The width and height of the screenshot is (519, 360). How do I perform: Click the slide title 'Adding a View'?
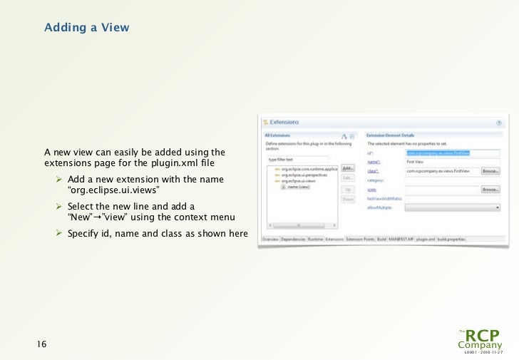[86, 28]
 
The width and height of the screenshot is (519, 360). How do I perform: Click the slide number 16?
[41, 345]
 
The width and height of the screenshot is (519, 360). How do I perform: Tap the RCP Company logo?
[482, 340]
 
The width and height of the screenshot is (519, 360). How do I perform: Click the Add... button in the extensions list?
[347, 168]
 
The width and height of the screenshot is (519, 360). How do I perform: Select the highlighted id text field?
[452, 152]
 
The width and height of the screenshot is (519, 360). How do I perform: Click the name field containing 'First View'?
[452, 162]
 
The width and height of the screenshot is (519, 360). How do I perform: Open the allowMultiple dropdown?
[452, 207]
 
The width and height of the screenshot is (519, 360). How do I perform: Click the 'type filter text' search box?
[297, 160]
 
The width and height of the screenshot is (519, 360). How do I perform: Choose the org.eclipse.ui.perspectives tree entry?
[303, 175]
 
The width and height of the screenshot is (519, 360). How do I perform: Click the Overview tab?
[270, 240]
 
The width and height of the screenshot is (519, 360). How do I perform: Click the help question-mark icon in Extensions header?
[498, 123]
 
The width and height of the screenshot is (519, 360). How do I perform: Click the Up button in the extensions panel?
[347, 190]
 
